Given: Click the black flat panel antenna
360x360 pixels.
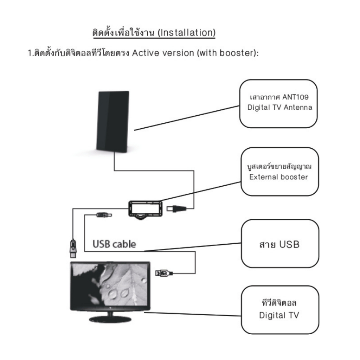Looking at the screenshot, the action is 112,121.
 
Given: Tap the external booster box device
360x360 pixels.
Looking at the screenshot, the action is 145,210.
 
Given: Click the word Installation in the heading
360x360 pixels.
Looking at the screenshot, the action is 186,33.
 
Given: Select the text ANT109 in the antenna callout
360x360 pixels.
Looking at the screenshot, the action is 295,97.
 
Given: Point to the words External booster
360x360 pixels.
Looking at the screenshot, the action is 278,177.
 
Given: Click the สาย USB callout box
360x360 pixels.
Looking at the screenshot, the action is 280,244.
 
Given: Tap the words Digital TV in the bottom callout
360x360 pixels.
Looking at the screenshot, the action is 279,315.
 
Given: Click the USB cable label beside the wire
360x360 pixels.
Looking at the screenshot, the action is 114,244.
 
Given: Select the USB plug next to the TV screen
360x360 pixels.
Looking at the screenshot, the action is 164,273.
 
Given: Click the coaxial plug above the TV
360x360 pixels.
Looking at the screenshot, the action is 73,249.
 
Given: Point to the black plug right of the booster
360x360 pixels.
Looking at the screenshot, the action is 176,209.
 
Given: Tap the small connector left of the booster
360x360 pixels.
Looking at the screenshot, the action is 104,215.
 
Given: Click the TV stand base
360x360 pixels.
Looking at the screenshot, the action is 110,319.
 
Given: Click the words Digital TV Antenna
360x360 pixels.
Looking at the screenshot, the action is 279,108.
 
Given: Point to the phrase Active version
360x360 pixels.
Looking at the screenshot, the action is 163,53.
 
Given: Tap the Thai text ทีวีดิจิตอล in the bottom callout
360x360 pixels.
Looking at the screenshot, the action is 279,303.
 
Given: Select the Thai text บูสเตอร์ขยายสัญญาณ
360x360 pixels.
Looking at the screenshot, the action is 279,166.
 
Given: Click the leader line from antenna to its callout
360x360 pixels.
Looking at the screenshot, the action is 187,118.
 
